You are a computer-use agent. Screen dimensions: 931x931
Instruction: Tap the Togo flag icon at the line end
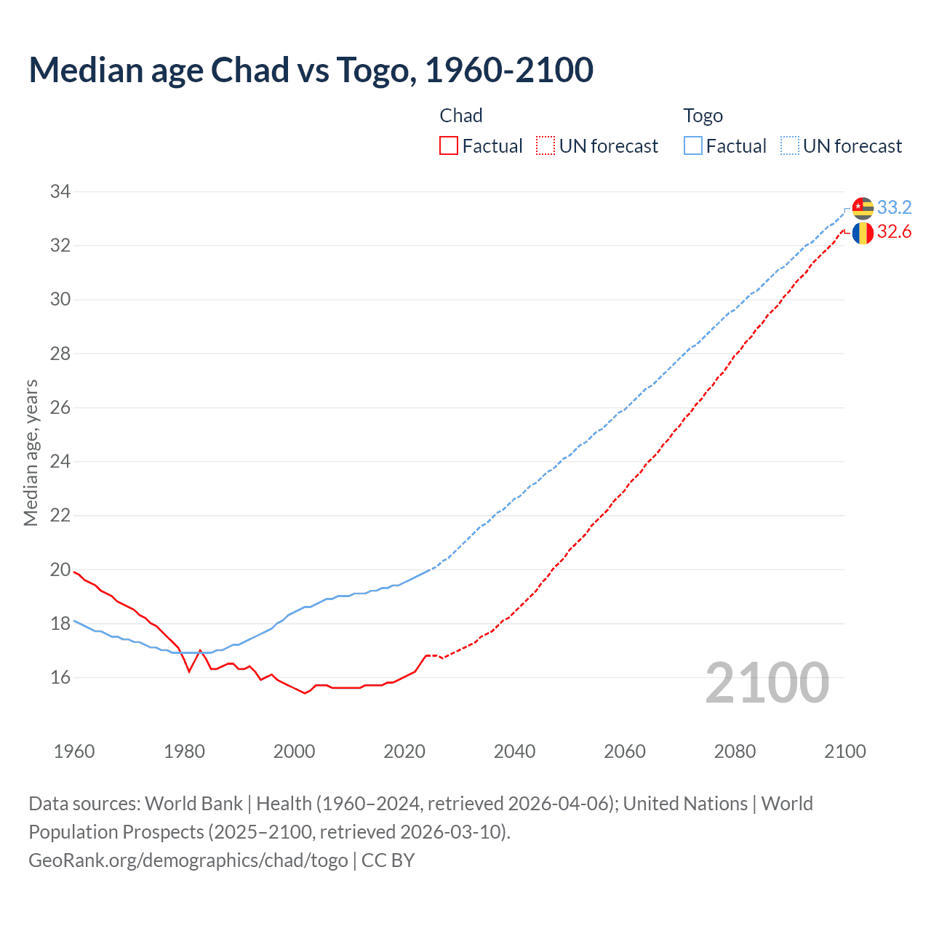863,208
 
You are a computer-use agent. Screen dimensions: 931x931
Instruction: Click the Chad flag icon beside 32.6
863,233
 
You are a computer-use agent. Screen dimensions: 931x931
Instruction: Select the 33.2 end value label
894,208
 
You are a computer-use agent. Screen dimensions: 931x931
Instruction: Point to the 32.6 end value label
894,232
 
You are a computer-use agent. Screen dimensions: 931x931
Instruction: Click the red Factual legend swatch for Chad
449,146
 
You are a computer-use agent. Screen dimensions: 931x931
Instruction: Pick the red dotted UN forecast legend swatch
546,146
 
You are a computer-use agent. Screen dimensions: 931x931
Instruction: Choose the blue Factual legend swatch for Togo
693,146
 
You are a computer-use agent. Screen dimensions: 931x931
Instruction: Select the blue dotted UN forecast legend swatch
790,146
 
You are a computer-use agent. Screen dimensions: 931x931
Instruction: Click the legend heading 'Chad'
461,116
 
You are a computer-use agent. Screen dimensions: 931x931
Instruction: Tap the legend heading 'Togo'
703,116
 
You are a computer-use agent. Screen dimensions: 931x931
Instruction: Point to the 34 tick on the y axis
60,192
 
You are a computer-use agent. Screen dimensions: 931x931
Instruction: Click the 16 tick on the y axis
60,678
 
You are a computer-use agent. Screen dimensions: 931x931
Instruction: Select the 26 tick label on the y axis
60,408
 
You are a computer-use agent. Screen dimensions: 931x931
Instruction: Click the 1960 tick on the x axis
74,751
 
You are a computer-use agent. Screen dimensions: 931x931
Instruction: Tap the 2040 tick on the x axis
514,751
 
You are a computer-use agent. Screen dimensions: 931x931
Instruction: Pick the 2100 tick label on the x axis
844,751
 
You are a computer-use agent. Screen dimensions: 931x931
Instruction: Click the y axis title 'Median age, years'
31,452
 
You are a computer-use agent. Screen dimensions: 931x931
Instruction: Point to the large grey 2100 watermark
767,683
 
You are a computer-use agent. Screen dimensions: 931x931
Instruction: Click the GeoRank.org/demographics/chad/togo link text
188,860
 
